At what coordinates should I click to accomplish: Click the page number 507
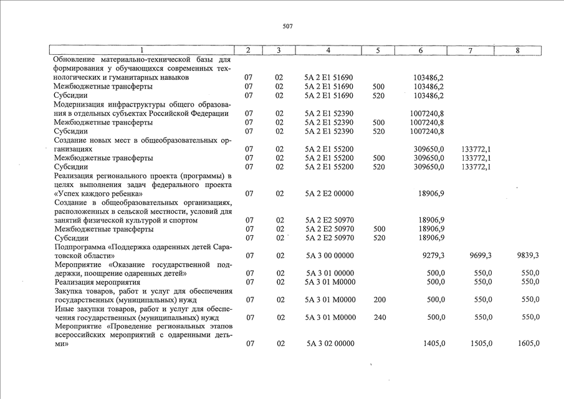point(287,27)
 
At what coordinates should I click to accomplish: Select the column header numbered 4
point(328,50)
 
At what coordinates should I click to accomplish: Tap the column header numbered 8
point(517,50)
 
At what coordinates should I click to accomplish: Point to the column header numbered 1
point(142,50)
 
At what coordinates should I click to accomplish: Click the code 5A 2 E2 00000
point(329,194)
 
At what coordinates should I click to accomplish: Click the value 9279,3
point(433,256)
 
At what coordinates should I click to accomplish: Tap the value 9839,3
point(528,256)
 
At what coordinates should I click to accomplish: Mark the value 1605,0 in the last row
point(528,344)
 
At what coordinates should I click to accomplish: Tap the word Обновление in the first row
point(75,60)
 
